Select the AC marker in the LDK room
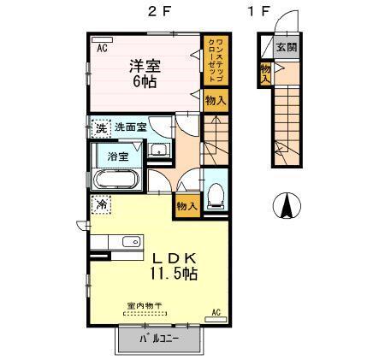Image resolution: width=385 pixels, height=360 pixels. [x=216, y=311]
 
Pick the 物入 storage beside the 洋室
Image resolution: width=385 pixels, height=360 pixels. [x=216, y=101]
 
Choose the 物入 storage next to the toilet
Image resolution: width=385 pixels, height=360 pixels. [x=187, y=205]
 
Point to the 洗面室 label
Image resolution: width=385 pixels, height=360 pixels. [x=131, y=128]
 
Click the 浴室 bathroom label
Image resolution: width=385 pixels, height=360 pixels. [x=118, y=157]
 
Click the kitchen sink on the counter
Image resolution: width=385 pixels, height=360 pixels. [x=130, y=242]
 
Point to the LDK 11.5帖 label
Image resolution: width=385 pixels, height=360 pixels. [x=175, y=266]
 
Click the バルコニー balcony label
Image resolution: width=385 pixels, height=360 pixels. [x=159, y=339]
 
